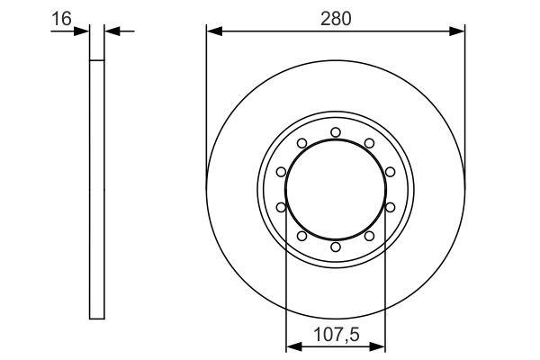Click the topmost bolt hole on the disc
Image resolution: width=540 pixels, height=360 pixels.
[335, 132]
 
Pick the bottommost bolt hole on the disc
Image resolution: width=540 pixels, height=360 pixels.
[335, 246]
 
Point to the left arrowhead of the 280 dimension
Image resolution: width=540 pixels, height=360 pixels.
[212, 31]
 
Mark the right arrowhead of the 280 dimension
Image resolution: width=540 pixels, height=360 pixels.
[459, 31]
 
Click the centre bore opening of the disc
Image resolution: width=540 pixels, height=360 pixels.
[335, 189]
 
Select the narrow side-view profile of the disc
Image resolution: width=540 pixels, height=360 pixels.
[97, 189]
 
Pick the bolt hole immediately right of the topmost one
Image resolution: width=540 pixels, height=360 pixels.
[368, 143]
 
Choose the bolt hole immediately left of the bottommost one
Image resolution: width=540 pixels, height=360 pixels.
[301, 235]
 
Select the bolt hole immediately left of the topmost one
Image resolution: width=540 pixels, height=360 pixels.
[301, 143]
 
